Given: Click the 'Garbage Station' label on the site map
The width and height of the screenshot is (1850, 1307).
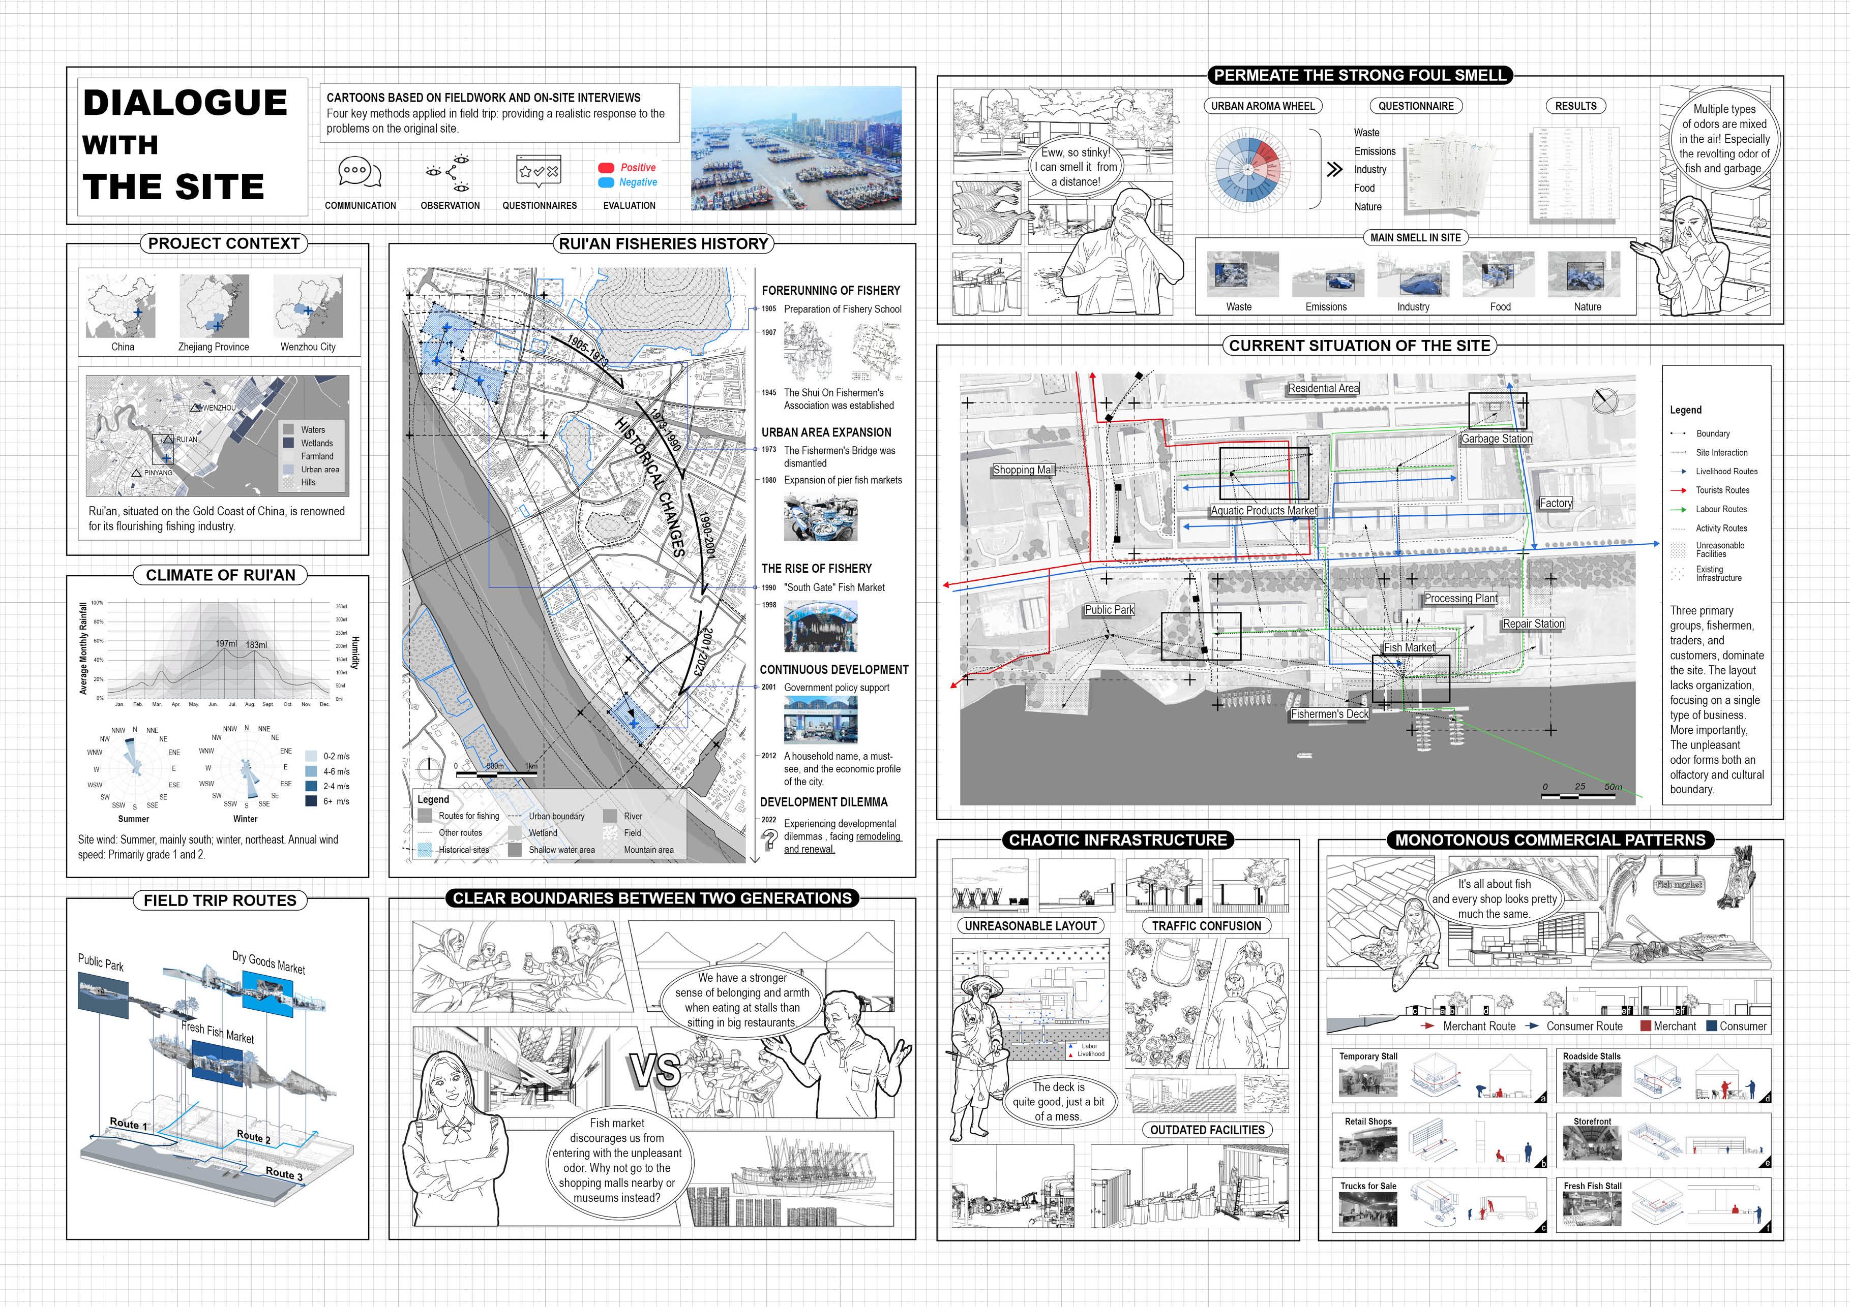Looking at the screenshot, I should (1496, 439).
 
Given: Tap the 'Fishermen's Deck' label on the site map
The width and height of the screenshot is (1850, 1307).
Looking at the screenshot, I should (1329, 714).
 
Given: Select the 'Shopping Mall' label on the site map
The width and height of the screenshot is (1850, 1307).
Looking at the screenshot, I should (1023, 470).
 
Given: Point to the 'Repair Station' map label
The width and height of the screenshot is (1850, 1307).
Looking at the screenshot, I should (1533, 624).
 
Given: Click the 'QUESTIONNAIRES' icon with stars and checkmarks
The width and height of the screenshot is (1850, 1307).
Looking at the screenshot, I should (538, 171).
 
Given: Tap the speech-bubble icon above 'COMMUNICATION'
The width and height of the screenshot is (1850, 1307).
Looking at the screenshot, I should (359, 172).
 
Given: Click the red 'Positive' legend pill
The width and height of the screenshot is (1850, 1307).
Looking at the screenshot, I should (606, 168).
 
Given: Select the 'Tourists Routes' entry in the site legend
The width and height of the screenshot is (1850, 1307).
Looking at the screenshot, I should (1722, 490).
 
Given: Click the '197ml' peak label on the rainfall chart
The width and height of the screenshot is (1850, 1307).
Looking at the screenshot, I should (226, 644).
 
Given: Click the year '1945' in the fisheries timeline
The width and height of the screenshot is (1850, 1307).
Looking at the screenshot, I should (769, 393).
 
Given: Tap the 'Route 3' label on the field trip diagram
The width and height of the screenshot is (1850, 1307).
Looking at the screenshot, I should (284, 1174).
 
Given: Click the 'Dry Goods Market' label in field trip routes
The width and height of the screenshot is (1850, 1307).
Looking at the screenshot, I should (268, 962).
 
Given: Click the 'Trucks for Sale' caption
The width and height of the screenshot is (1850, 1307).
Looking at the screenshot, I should (1368, 1186).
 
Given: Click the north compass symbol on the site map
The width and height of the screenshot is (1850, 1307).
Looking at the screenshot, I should (1605, 400).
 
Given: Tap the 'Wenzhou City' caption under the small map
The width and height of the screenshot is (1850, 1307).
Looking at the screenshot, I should (308, 347).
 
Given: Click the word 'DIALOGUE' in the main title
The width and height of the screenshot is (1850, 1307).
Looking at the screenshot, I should (185, 103).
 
